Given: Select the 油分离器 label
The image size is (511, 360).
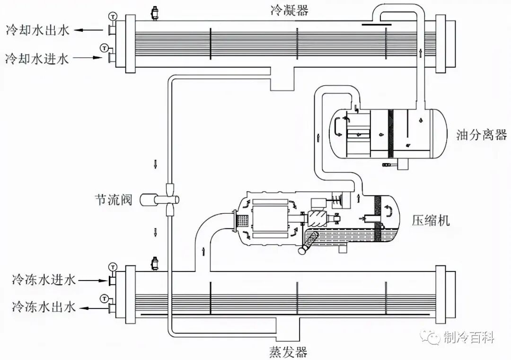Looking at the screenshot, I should pyautogui.click(x=481, y=135).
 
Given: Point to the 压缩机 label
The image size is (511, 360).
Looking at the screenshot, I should pyautogui.click(x=431, y=220).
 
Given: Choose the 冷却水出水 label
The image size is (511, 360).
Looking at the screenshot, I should pyautogui.click(x=37, y=31).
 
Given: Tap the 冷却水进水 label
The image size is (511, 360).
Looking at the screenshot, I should pyautogui.click(x=37, y=59).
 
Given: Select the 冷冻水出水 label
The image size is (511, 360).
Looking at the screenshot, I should pyautogui.click(x=44, y=307).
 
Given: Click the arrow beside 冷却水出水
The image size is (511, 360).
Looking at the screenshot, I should pyautogui.click(x=90, y=31).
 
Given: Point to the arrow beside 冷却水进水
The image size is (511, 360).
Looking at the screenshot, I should pyautogui.click(x=90, y=58).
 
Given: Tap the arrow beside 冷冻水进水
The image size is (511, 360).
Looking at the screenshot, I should pyautogui.click(x=94, y=280).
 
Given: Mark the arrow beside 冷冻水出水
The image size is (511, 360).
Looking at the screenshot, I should pyautogui.click(x=94, y=308).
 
